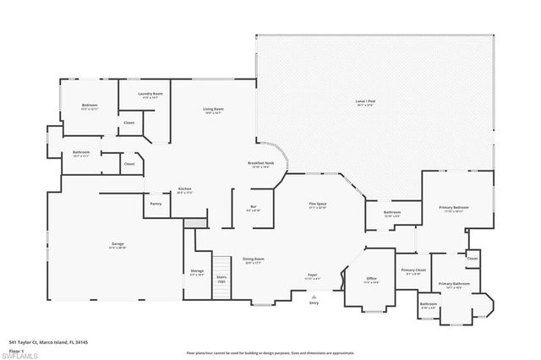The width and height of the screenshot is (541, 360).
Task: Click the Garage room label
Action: tap(117, 245)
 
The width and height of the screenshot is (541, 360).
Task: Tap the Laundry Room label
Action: tap(150, 94)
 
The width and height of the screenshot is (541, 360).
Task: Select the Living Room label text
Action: tap(212, 109)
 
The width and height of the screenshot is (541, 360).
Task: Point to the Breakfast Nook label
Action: tap(259, 163)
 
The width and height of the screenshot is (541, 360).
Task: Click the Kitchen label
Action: tap(184, 188)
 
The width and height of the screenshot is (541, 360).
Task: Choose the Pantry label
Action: tap(156, 204)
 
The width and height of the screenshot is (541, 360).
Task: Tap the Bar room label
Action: tap(253, 207)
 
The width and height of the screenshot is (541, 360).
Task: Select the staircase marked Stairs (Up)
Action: tap(221, 279)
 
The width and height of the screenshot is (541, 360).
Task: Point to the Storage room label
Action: tap(198, 272)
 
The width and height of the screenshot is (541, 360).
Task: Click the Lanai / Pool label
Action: tap(365, 102)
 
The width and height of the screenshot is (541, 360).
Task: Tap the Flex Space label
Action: tap(317, 205)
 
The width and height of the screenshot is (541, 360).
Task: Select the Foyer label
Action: tap(312, 275)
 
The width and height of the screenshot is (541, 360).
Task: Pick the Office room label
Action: tap(371, 279)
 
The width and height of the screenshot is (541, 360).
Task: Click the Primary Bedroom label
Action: tap(452, 207)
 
